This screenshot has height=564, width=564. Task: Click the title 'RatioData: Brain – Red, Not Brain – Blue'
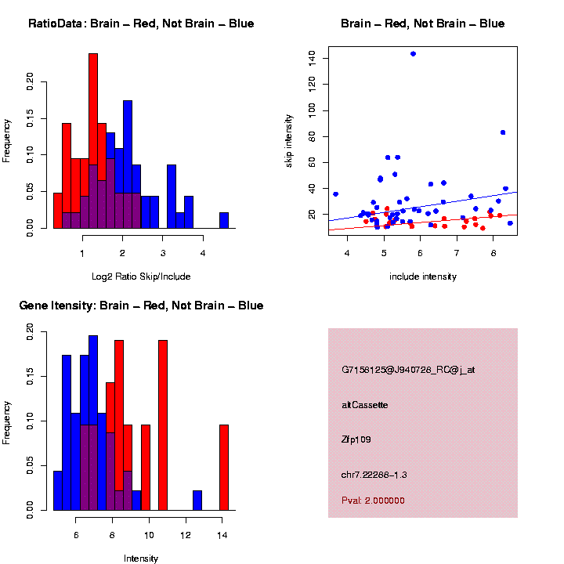[141, 23]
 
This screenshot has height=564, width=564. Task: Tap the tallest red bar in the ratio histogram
[93, 141]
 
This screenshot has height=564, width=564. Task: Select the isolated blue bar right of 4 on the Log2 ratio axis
[224, 220]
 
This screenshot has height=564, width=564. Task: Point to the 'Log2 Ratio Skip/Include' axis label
[141, 277]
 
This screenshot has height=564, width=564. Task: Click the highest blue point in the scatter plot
[413, 54]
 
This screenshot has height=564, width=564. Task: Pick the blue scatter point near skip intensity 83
[503, 132]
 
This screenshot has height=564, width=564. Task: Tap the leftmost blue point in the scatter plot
[335, 193]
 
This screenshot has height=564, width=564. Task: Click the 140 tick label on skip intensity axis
[313, 57]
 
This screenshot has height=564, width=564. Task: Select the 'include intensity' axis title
[423, 277]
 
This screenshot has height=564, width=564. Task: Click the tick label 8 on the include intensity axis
[493, 253]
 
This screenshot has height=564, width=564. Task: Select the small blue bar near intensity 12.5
[197, 501]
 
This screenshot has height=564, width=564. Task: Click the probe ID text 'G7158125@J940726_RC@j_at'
[408, 369]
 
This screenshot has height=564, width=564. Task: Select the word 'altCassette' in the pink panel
[365, 405]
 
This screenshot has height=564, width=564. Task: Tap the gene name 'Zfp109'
[356, 439]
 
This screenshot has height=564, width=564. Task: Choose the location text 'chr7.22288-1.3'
[374, 475]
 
